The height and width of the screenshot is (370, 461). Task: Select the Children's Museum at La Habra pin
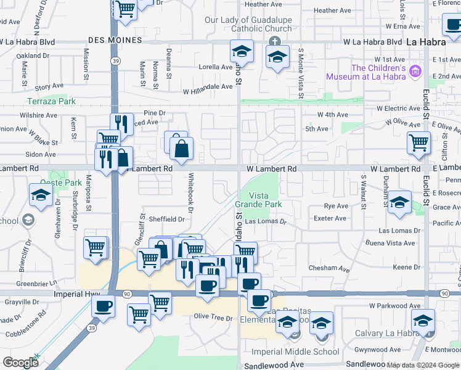click(x=415, y=72)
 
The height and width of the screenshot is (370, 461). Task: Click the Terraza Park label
click(x=51, y=101)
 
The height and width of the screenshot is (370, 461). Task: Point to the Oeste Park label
click(x=61, y=183)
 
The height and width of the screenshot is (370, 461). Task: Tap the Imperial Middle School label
click(x=296, y=351)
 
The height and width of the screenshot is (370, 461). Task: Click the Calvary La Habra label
click(x=383, y=334)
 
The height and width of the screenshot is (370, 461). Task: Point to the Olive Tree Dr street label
click(x=213, y=318)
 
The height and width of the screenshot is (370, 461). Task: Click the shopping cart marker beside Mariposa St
click(x=96, y=247)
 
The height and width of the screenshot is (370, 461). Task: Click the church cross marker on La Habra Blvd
click(x=275, y=41)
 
